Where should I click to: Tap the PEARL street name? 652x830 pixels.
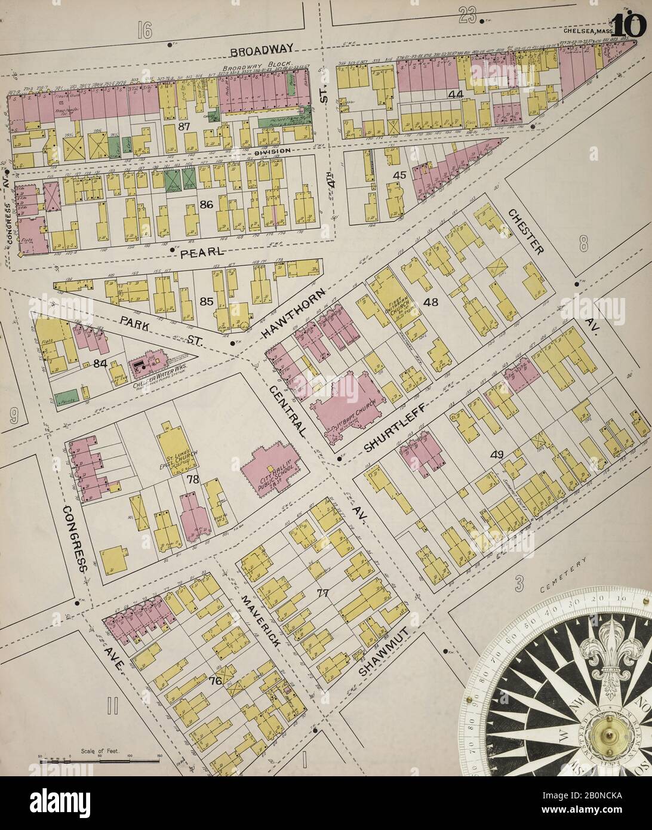201,252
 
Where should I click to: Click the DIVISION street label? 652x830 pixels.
272,151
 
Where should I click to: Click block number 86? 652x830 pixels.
206,205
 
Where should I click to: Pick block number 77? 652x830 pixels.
323,593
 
